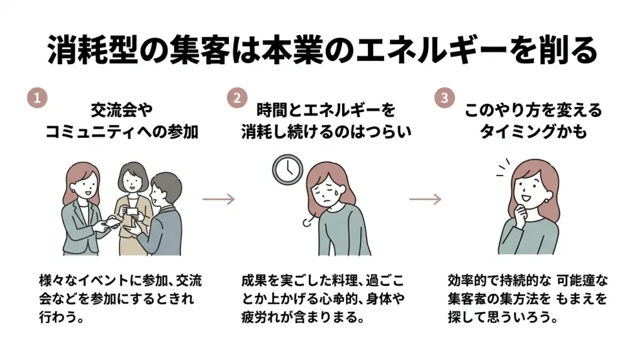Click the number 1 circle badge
[x=37, y=98]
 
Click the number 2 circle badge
[x=237, y=98]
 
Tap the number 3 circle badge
[x=444, y=98]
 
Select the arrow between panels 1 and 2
[x=218, y=199]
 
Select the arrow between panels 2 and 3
[x=425, y=199]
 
